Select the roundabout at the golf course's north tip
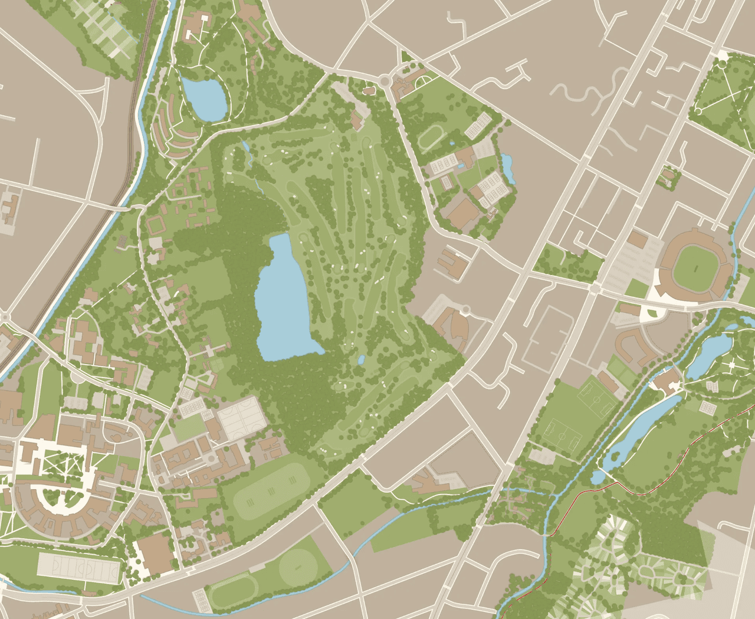pos(385,79)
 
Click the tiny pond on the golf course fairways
pos(361,359)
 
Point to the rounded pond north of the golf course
pos(204,98)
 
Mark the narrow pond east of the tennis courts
pos(507,168)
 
